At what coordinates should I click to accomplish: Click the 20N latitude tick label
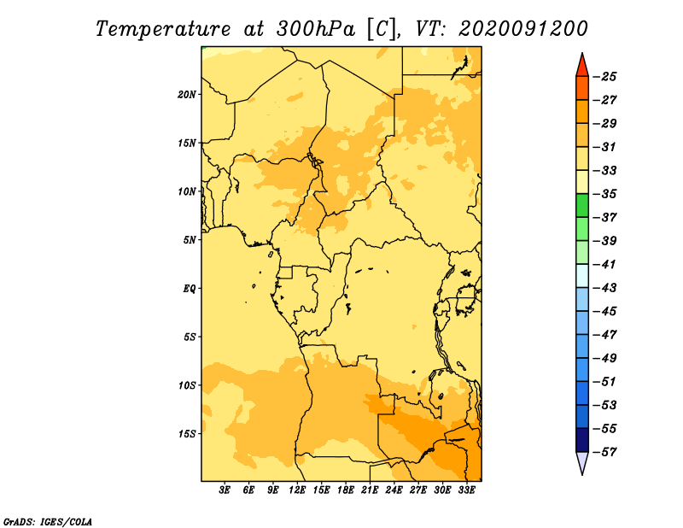(186, 95)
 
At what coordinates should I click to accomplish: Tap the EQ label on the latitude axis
(190, 289)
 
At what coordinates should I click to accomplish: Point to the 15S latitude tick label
(186, 434)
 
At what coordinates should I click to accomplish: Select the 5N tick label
(190, 240)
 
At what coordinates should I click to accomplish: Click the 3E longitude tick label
(225, 490)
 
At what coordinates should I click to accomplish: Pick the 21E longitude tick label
(370, 490)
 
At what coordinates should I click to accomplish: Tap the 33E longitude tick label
(466, 490)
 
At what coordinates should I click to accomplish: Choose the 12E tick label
(297, 490)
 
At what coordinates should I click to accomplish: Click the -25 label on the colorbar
(604, 77)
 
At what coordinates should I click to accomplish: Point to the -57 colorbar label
(604, 452)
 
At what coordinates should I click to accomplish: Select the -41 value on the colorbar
(604, 264)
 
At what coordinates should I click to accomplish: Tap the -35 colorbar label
(604, 194)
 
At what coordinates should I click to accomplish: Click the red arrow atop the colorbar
(582, 67)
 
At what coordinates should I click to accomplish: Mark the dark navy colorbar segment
(582, 440)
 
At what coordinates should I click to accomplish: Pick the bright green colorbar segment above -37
(582, 205)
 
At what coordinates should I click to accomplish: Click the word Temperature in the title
(162, 30)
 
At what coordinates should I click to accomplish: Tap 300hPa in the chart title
(315, 29)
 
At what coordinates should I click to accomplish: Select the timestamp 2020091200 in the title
(523, 29)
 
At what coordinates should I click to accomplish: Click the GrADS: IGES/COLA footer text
(48, 521)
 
